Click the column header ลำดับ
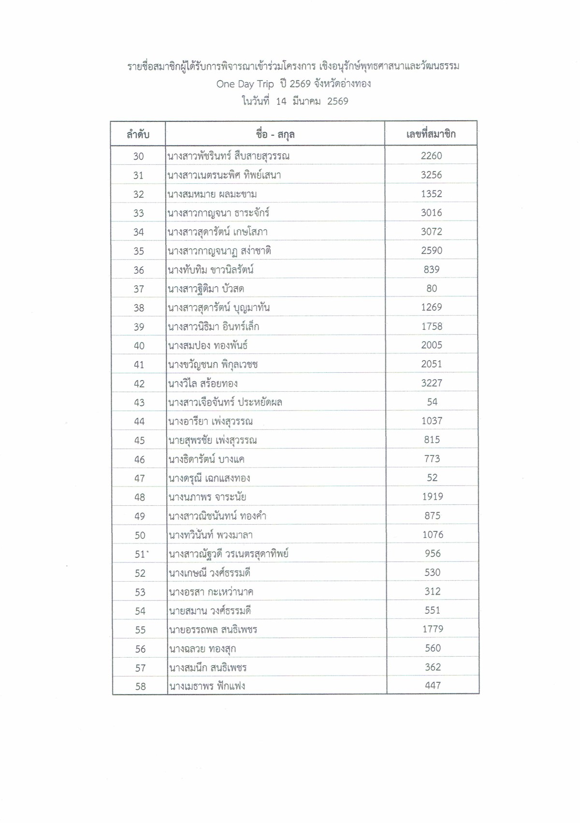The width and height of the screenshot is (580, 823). tap(138, 134)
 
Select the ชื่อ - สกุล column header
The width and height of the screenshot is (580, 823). tap(275, 134)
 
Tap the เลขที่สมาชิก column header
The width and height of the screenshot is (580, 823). tap(431, 134)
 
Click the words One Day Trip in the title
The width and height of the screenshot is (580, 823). tap(245, 84)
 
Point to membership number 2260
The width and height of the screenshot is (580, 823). tap(431, 156)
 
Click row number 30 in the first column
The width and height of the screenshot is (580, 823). tap(139, 156)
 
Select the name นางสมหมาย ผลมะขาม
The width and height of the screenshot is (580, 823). tap(212, 194)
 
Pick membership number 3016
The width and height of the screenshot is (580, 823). tap(431, 213)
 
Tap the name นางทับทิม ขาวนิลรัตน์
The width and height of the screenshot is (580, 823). tap(211, 270)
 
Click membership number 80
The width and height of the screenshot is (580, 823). tap(432, 289)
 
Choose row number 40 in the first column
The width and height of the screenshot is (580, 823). tap(139, 346)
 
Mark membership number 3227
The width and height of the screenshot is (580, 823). tap(432, 383)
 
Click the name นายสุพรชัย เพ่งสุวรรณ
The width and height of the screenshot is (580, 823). tap(213, 440)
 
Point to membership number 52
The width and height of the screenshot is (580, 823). tap(432, 478)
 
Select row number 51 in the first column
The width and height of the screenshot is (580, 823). tap(140, 554)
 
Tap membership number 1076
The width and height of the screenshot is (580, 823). tap(433, 535)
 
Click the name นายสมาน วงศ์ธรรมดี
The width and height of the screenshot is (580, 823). tap(210, 611)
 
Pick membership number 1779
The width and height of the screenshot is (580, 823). tap(433, 629)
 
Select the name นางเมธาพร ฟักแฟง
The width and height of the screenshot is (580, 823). tap(207, 686)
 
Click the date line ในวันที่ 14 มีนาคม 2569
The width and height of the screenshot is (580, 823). tap(295, 102)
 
